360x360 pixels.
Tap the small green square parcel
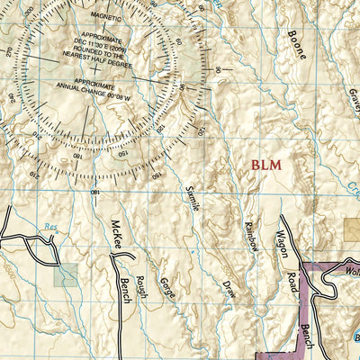(x=65, y=275)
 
